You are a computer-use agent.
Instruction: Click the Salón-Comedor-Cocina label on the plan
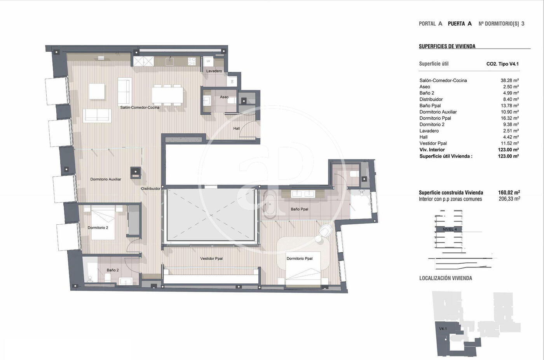tap(140, 107)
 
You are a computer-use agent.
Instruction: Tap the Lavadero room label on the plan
tap(214, 71)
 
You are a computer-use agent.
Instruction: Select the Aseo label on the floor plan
tap(224, 97)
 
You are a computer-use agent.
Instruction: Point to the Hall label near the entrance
tap(237, 129)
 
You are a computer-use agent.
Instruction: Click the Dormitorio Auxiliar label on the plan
tap(106, 179)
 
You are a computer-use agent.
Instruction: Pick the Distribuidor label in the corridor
tap(151, 189)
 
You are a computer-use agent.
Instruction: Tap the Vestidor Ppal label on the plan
tap(211, 259)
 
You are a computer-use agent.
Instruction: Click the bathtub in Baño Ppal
tap(270, 204)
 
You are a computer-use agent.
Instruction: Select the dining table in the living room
tap(167, 95)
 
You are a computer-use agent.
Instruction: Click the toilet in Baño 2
tap(107, 278)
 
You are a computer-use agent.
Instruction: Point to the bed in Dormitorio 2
tap(103, 223)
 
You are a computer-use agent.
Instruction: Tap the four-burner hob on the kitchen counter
tap(192, 61)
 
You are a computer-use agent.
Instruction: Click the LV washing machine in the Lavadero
tap(208, 61)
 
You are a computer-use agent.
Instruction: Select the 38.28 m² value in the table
tap(509, 80)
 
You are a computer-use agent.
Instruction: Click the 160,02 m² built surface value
tap(509, 192)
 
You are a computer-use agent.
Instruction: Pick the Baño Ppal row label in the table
tap(430, 106)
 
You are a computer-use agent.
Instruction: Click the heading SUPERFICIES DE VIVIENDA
tap(447, 46)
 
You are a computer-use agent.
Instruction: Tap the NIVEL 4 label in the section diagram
tap(450, 229)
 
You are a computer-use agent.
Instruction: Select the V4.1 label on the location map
tap(443, 329)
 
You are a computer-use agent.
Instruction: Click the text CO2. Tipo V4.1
tap(502, 64)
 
